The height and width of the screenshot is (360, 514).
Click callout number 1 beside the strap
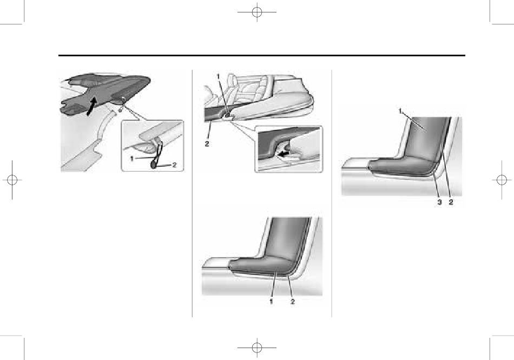pos(132,159)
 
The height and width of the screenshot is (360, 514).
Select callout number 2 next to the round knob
pos(174,165)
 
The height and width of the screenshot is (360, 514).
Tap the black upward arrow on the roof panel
pos(91,106)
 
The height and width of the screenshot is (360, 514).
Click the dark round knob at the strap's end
pos(154,165)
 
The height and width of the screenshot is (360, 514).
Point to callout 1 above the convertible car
pos(218,76)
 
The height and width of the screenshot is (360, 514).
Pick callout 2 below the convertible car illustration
pos(207,143)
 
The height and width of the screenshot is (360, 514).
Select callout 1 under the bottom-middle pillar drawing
pos(271,302)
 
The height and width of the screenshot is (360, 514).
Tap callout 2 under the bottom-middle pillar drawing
pos(293,302)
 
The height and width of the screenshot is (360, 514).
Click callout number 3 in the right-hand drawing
pos(439,202)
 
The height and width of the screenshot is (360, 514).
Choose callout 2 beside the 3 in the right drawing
pos(451,202)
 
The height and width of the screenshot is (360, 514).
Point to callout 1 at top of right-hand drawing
pos(400,111)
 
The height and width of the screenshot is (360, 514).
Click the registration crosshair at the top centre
pos(257,12)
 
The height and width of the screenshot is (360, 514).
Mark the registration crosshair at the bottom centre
pos(257,348)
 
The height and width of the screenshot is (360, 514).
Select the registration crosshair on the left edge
pos(12,180)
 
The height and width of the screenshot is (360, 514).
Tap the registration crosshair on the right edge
pos(502,180)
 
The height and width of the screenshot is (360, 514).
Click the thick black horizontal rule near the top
pos(261,55)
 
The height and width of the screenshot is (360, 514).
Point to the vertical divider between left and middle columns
pos(192,193)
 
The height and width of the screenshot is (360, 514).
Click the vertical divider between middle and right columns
pos(332,193)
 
